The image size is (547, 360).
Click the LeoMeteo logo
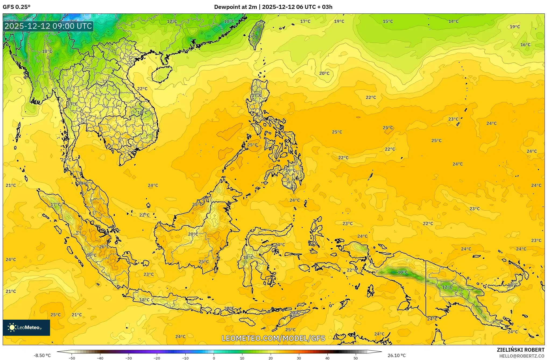[x=26, y=327]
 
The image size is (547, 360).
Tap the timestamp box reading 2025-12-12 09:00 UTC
[x=48, y=26]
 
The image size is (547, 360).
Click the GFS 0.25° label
[x=16, y=7]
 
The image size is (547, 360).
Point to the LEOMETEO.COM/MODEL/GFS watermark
[x=273, y=338]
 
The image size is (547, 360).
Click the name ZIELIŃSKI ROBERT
[x=520, y=350]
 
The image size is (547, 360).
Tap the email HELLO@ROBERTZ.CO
[x=522, y=356]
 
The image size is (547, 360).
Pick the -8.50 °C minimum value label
[x=42, y=355]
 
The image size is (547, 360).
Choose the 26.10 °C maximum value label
[x=396, y=355]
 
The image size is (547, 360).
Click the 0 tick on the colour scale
[x=214, y=358]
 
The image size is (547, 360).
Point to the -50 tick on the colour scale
[x=72, y=358]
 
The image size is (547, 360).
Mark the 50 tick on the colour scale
[x=356, y=358]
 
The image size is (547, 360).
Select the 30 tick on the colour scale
[x=299, y=358]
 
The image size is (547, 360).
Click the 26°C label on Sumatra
[x=104, y=247]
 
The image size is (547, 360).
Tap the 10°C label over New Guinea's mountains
[x=403, y=272]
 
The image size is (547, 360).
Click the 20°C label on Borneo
[x=193, y=234]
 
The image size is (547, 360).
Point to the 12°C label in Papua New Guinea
[x=447, y=287]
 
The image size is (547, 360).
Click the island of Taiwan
[x=256, y=34]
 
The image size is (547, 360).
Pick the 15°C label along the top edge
[x=388, y=22]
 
